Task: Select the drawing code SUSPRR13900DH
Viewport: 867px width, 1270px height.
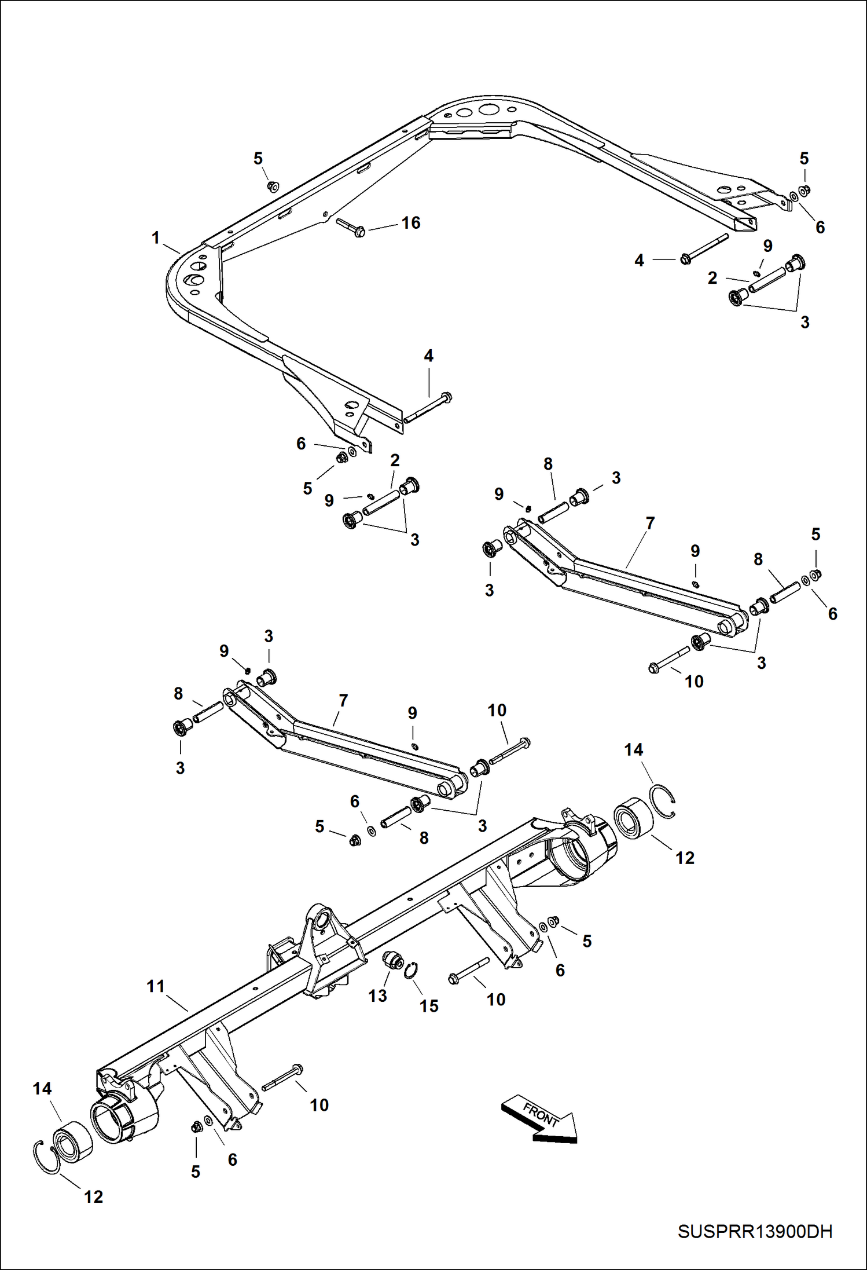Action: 755,1232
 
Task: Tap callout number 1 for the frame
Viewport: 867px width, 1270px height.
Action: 155,238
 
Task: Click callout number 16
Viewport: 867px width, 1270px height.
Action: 411,223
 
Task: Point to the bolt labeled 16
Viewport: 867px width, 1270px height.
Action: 351,228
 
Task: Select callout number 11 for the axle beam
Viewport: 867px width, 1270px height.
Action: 155,986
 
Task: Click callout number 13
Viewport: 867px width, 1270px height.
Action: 377,996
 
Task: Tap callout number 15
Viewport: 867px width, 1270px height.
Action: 429,1007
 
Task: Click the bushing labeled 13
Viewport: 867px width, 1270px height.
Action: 395,961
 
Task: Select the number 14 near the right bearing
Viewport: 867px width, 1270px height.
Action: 633,750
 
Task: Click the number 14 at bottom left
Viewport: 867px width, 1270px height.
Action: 42,1089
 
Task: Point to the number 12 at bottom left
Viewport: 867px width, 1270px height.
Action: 93,1197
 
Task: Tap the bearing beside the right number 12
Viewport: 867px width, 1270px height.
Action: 633,818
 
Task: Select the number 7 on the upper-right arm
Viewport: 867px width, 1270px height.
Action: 650,524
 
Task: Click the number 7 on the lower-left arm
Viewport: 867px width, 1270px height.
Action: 343,701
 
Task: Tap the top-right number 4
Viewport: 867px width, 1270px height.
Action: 639,261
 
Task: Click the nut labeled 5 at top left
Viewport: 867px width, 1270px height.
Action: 273,186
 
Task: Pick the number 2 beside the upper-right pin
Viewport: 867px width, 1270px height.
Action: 712,278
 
